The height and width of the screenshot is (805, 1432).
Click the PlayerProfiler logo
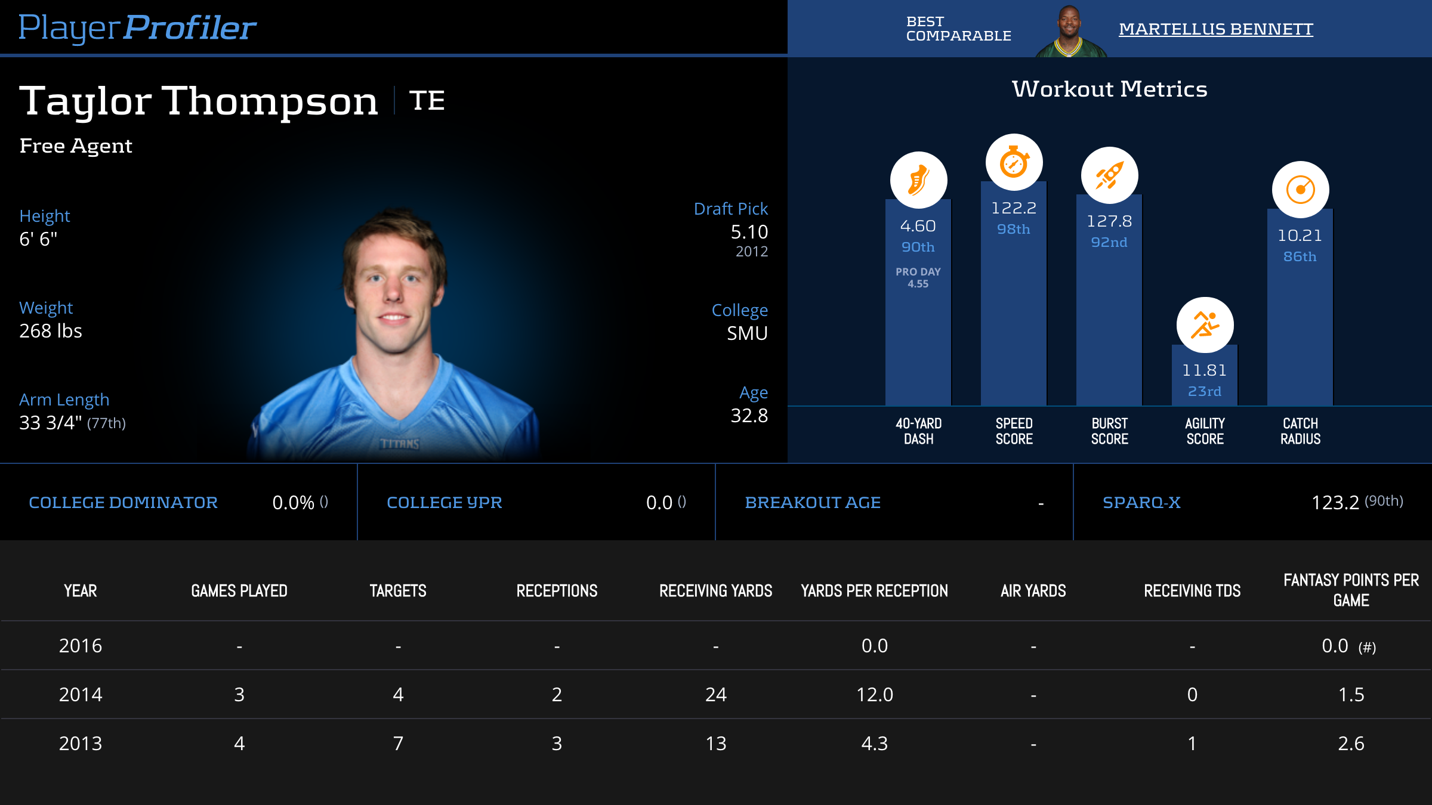(x=137, y=27)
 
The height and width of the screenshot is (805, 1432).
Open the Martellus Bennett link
(x=1215, y=29)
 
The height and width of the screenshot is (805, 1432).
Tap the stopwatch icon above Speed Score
(x=1014, y=162)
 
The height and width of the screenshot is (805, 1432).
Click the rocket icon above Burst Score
(x=1109, y=175)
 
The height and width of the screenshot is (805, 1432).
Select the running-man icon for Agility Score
(x=1205, y=325)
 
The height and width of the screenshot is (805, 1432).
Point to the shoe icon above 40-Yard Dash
(x=918, y=180)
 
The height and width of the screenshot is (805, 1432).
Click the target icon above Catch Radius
(x=1300, y=190)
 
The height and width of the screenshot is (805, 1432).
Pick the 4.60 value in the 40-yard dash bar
(x=918, y=226)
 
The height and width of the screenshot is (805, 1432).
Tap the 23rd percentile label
(x=1204, y=391)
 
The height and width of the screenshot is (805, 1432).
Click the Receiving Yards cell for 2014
(x=715, y=694)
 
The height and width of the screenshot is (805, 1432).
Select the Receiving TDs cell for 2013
(x=1192, y=743)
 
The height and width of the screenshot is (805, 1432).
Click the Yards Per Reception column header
(x=874, y=591)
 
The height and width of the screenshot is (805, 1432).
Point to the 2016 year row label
(x=81, y=646)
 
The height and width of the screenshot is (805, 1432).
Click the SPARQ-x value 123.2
(x=1335, y=503)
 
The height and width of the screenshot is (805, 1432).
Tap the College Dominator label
(x=123, y=503)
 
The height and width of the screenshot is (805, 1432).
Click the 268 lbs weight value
(x=51, y=331)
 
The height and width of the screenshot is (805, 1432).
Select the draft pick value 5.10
(x=749, y=232)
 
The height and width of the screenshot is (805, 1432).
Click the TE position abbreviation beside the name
(x=427, y=100)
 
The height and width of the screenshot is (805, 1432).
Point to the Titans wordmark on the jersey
(x=399, y=444)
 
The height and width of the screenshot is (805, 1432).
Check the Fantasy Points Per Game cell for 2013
(x=1351, y=743)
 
